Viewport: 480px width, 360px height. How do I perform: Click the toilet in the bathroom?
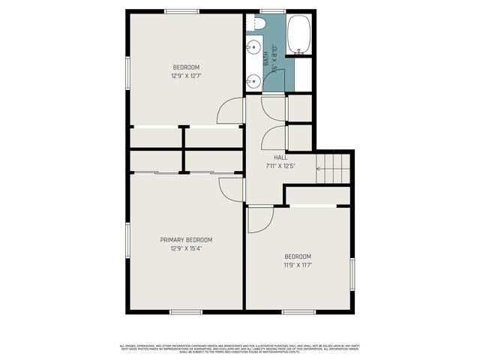pyautogui.click(x=259, y=24)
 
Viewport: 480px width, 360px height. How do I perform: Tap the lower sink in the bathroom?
pyautogui.click(x=253, y=80)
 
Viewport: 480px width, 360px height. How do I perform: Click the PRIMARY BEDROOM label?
pyautogui.click(x=186, y=240)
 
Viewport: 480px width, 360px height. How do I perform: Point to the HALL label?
pyautogui.click(x=280, y=157)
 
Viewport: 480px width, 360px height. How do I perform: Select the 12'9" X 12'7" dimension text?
pyautogui.click(x=186, y=75)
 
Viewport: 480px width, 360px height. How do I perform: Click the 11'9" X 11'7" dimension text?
pyautogui.click(x=298, y=265)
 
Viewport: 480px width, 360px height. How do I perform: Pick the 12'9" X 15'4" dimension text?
pyautogui.click(x=186, y=248)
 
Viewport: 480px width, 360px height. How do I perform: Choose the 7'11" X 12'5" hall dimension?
pyautogui.click(x=280, y=166)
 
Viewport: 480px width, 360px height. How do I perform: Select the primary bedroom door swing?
pyautogui.click(x=229, y=187)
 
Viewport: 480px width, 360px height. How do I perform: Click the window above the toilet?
pyautogui.click(x=268, y=10)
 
